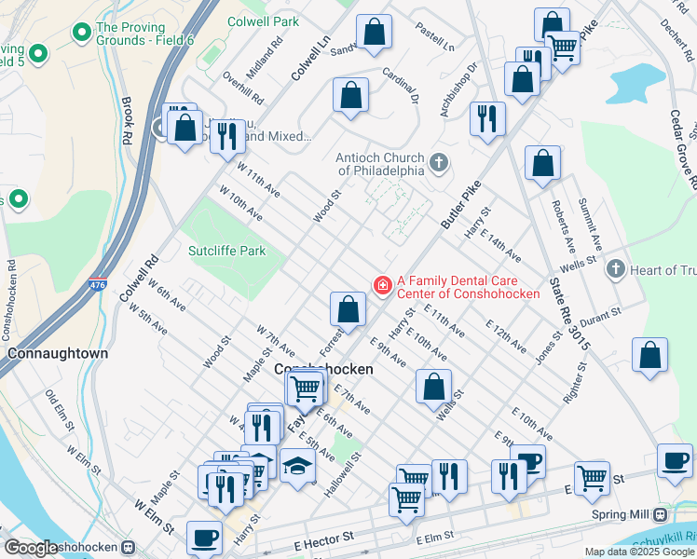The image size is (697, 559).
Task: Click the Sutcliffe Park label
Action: point(227,251)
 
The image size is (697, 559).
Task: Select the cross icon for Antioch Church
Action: point(439,165)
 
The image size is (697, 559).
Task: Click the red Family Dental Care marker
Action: point(381,285)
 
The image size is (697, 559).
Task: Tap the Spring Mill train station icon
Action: point(661,514)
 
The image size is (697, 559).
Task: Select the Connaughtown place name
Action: point(58,354)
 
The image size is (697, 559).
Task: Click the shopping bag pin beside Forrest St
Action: point(348,309)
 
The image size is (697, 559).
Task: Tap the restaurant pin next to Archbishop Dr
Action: point(487,118)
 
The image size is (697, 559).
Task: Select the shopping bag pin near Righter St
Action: point(649,355)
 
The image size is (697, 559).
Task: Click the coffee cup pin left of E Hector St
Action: point(204,537)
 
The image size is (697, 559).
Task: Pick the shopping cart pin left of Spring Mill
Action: point(592,478)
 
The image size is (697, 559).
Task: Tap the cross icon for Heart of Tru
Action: point(614,269)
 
